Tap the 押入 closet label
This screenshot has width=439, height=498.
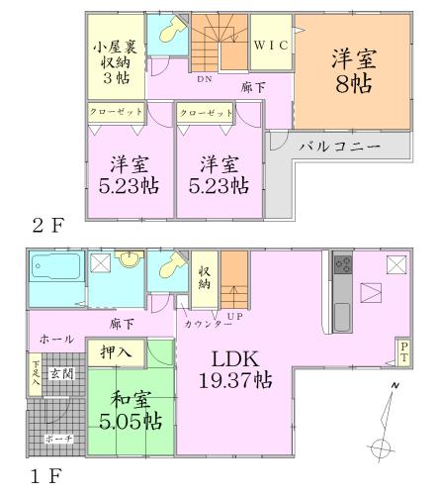coord(118,349)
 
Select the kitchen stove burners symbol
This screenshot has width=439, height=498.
coord(344,266)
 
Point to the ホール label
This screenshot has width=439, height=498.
coord(53,339)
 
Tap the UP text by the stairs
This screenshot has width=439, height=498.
coord(233,314)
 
